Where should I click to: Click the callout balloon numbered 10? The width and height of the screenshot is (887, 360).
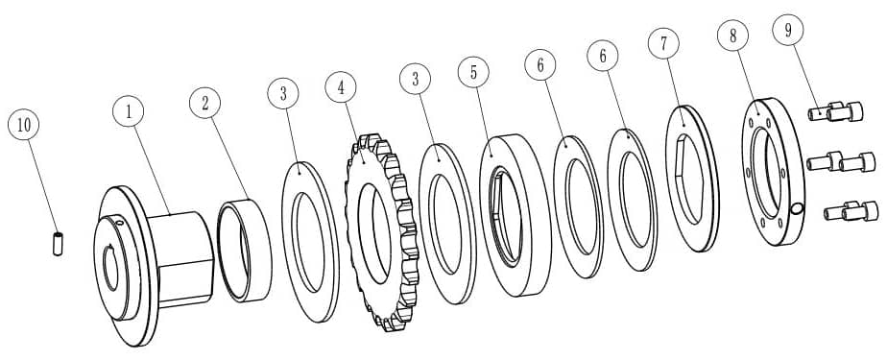click(24, 126)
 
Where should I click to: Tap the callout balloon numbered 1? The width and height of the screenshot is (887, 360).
click(129, 112)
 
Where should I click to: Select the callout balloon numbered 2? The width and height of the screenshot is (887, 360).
click(204, 103)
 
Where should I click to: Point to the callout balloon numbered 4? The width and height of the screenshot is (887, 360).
click(341, 87)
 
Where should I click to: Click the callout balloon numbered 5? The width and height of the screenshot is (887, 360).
click(473, 71)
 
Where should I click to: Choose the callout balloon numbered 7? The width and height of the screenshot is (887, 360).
click(664, 43)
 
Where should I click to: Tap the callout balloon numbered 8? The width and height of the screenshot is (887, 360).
click(733, 36)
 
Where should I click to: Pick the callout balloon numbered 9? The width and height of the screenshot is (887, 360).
click(788, 30)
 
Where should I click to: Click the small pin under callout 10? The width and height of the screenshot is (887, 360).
click(58, 244)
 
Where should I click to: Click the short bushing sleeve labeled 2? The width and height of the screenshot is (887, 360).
click(245, 251)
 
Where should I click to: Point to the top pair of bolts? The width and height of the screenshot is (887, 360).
click(835, 111)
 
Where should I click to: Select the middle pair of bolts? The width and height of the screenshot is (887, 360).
click(841, 162)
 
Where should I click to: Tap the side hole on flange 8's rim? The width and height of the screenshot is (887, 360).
click(797, 209)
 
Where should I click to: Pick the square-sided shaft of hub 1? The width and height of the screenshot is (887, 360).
click(181, 259)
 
